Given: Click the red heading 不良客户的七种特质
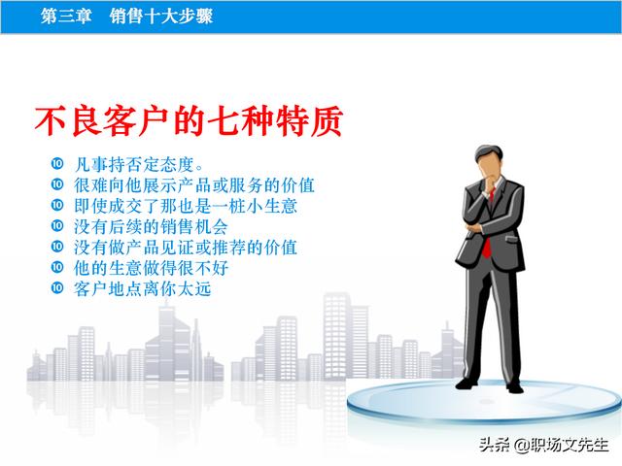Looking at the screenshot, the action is coord(189,120).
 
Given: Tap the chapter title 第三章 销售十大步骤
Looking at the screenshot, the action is coord(126,17).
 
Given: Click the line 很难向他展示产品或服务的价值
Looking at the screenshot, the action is coord(194,185).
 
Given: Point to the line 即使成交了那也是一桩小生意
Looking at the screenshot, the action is coord(186,206).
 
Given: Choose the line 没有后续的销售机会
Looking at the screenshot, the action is coord(151,226).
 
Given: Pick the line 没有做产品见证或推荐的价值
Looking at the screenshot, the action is coord(186,248).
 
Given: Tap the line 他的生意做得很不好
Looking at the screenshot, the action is coord(152,268).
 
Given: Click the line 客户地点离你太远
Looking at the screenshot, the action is coord(143,288).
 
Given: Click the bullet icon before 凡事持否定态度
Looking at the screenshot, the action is coord(57,163).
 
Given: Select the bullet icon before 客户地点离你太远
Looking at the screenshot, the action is coord(57,287).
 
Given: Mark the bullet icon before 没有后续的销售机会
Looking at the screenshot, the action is coord(57,225).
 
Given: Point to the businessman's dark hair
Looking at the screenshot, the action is coord(490,153).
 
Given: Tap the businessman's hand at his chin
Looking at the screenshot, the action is coord(488,184).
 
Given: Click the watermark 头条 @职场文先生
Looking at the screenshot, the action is coord(544,445).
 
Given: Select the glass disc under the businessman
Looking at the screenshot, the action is coord(484,401).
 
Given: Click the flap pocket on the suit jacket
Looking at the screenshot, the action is coord(511,238).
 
